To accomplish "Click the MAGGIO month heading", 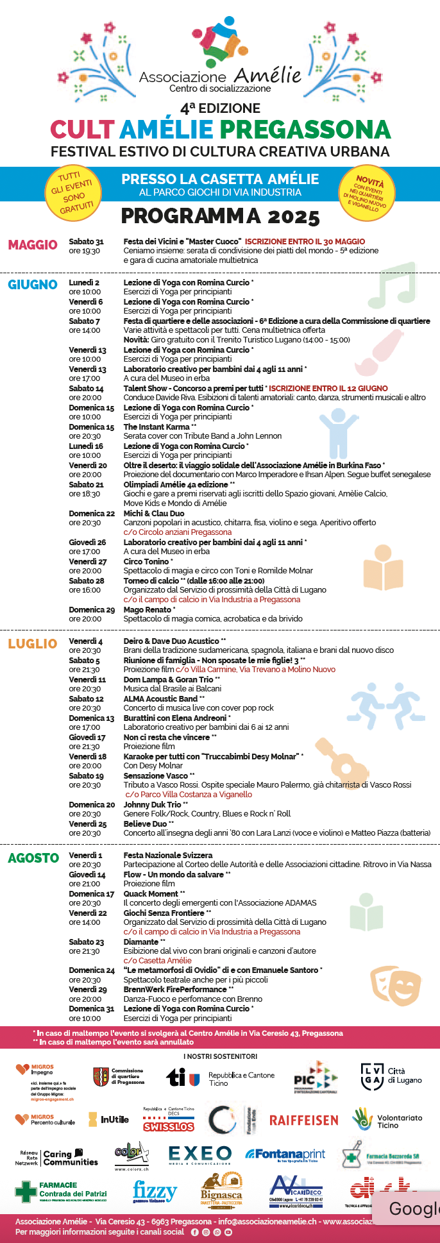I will [x=33, y=245].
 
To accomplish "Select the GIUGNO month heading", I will [x=33, y=285].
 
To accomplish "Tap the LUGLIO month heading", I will [x=33, y=644].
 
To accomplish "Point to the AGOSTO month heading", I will [x=33, y=858].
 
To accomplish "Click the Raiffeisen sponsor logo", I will [x=303, y=1120].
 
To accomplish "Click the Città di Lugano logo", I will [x=391, y=1076].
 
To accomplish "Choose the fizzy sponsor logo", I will [x=155, y=1192].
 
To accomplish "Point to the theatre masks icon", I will [x=391, y=985].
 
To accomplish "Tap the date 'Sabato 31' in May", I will [x=86, y=241].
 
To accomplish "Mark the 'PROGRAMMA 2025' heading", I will [x=220, y=216].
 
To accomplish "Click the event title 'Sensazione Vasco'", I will [x=156, y=775].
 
